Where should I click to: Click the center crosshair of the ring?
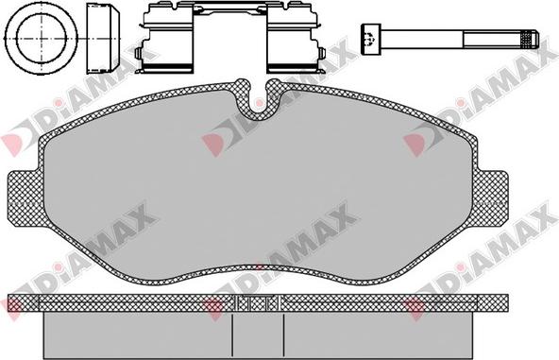click(41, 38)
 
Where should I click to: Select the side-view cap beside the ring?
click(104, 38)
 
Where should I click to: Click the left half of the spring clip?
click(164, 38)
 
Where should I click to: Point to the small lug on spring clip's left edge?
click(139, 53)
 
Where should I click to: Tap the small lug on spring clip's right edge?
click(322, 53)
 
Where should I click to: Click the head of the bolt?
click(371, 40)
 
